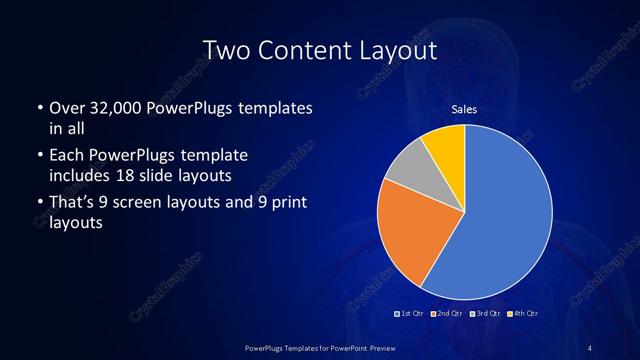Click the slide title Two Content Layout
click(319, 49)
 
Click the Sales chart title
click(463, 109)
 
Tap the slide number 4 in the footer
click(590, 347)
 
